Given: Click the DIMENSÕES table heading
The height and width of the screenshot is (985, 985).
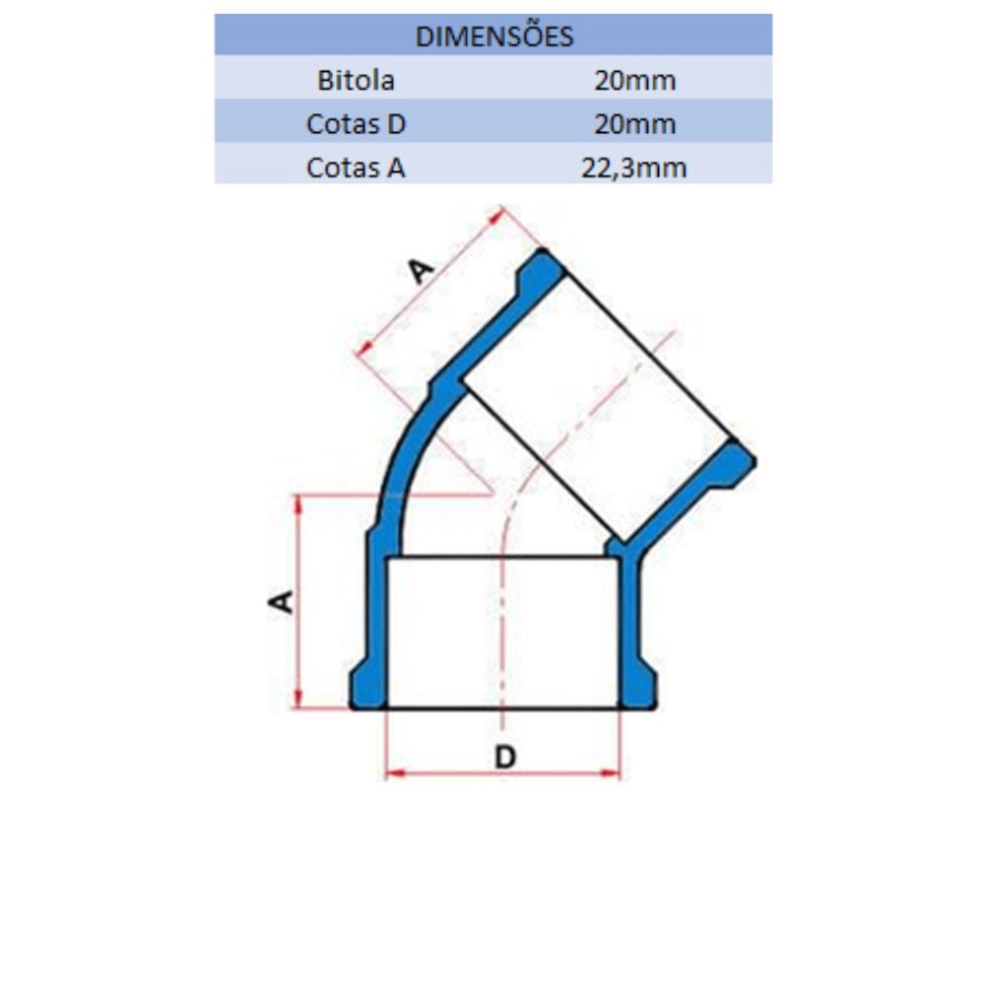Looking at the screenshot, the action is pyautogui.click(x=493, y=36).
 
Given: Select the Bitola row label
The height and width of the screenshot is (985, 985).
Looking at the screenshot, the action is pyautogui.click(x=356, y=81).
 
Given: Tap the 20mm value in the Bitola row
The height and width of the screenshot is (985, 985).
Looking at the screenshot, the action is pyautogui.click(x=635, y=81).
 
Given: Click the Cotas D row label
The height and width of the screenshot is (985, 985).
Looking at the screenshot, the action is pyautogui.click(x=356, y=124).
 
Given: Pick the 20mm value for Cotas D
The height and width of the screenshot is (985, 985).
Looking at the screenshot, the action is pyautogui.click(x=635, y=124).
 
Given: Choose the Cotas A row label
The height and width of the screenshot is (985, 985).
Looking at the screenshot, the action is pyautogui.click(x=356, y=167).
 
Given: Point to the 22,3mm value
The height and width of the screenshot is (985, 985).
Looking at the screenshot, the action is pyautogui.click(x=633, y=167).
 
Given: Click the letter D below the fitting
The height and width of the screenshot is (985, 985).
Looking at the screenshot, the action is pyautogui.click(x=505, y=756).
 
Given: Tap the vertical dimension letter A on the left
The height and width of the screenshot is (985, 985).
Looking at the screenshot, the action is pyautogui.click(x=281, y=601).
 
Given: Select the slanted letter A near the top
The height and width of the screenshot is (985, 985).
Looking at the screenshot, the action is pyautogui.click(x=421, y=271).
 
